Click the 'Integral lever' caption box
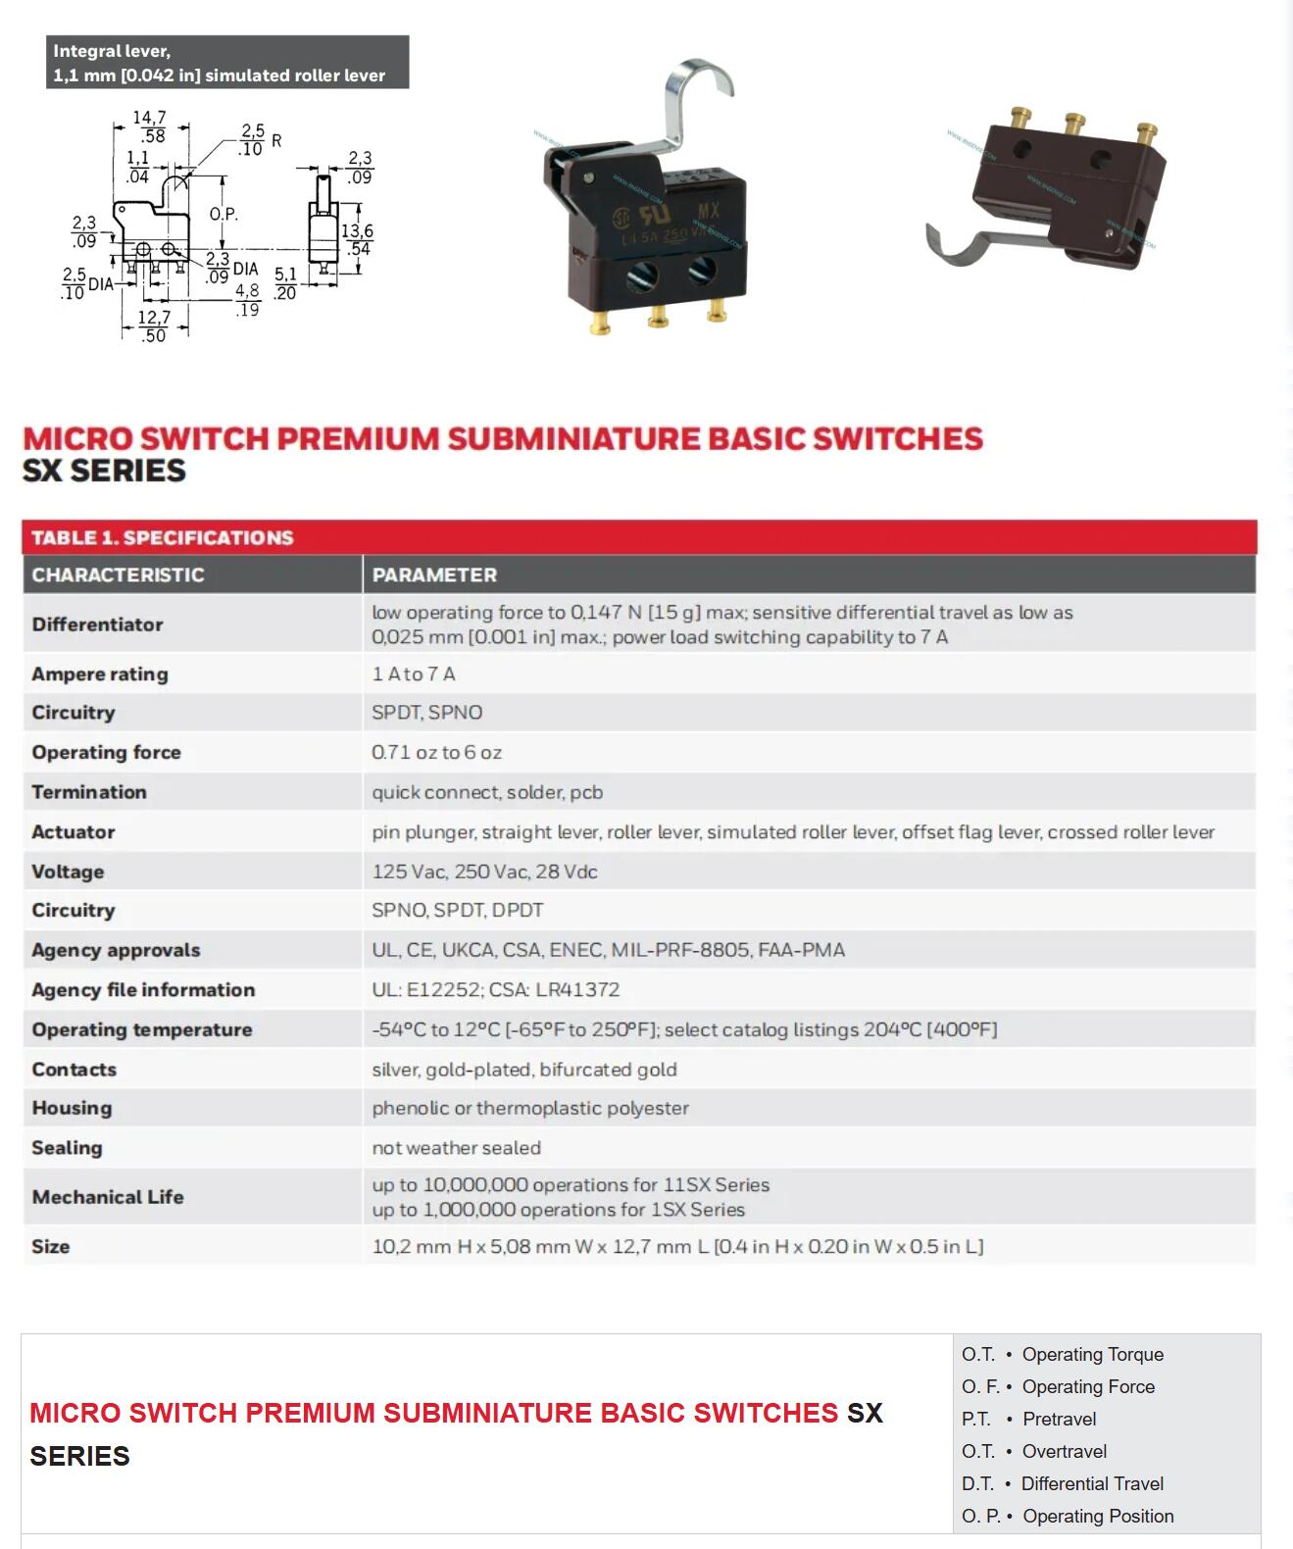[x=226, y=63]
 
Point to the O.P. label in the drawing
[x=223, y=214]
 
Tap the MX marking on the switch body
[x=708, y=210]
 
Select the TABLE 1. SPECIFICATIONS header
[x=162, y=537]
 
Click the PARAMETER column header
[x=434, y=575]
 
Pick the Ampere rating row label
[x=100, y=674]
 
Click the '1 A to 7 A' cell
[x=413, y=674]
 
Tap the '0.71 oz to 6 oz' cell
[x=436, y=752]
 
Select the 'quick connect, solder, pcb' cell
[x=487, y=792]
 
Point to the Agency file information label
[x=143, y=989]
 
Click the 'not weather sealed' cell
[x=456, y=1147]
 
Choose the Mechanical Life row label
[x=108, y=1196]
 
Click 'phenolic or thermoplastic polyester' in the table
[x=529, y=1108]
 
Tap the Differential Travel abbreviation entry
[x=1063, y=1483]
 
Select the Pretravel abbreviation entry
[x=1029, y=1419]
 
